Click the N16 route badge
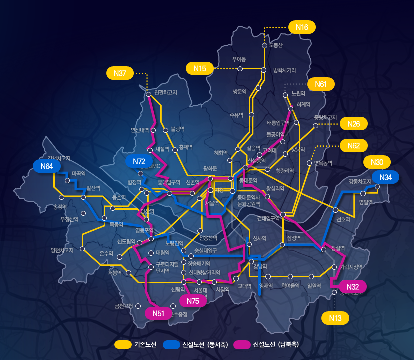point(302,27)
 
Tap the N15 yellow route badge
point(199,68)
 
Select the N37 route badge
point(120,73)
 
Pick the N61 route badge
point(321,84)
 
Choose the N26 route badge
point(354,124)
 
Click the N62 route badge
point(353,146)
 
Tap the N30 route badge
point(377,162)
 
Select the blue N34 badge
point(385,177)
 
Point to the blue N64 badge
point(47,166)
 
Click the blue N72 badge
point(139,161)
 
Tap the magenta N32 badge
point(353,287)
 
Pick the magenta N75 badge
point(192,300)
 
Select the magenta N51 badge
point(158,313)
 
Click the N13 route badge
point(336,318)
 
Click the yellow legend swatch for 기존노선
point(122,345)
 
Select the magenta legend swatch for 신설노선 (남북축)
point(242,345)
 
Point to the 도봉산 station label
point(276,46)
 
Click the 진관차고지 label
point(166,92)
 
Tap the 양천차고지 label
point(62,250)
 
